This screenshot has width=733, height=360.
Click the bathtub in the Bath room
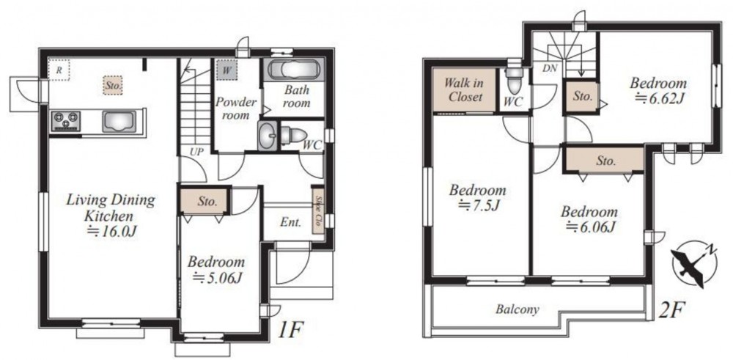click(294, 70)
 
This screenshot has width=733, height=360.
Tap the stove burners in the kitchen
click(66, 121)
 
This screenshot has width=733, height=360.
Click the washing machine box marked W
click(226, 70)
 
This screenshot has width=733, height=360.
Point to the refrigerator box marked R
click(59, 70)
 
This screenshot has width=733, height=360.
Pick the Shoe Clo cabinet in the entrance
click(318, 211)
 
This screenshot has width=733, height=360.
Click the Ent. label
click(290, 222)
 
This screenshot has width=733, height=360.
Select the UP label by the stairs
click(196, 152)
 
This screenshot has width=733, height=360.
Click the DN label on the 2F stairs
click(550, 68)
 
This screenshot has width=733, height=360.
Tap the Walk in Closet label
click(463, 90)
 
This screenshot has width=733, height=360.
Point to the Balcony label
click(517, 309)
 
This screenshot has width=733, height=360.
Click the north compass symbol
click(691, 263)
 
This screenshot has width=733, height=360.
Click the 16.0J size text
click(111, 231)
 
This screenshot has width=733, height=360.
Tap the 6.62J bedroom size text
click(658, 98)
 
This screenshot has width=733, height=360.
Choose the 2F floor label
click(671, 309)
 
